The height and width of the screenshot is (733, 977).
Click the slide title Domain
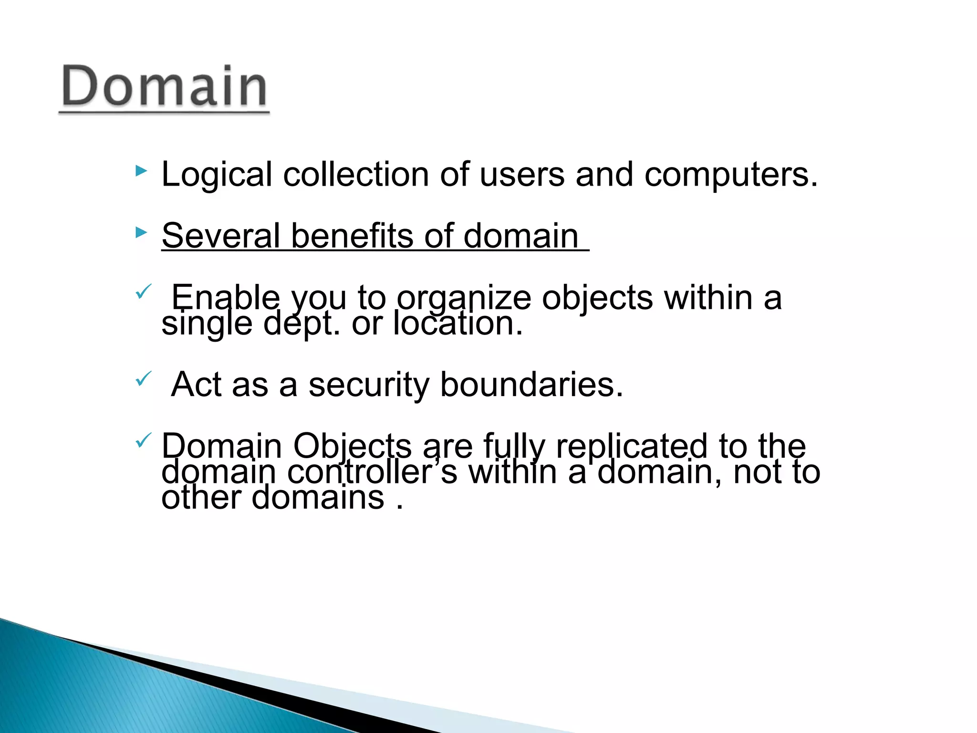(x=164, y=86)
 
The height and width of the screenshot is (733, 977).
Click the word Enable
(x=225, y=297)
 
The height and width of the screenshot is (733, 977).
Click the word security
(x=369, y=385)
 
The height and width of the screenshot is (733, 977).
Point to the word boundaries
(x=531, y=384)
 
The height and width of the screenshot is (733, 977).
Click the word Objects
(x=352, y=447)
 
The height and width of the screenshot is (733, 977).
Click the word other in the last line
(x=201, y=497)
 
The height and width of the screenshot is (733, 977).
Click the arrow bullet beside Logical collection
(x=141, y=171)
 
